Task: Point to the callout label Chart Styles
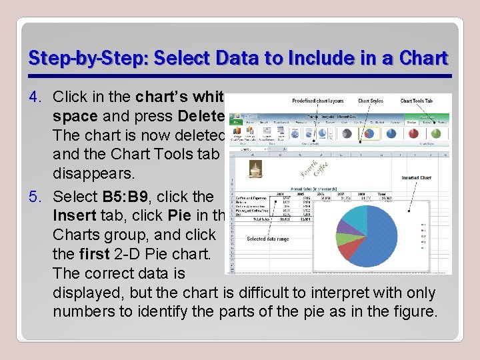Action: tap(371, 101)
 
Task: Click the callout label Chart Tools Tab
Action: tap(417, 101)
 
